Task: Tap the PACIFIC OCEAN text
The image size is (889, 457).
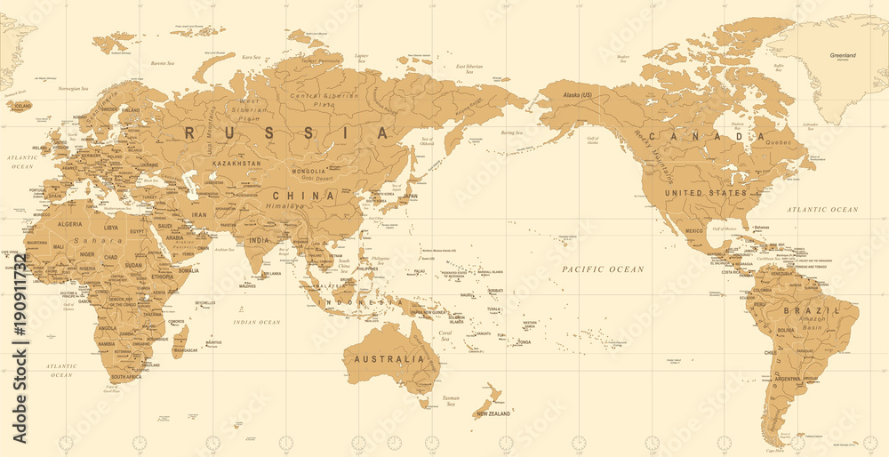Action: [603, 269]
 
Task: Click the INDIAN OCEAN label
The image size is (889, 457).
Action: [256, 322]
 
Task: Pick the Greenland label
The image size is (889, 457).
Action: [842, 55]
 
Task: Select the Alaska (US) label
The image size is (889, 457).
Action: [573, 94]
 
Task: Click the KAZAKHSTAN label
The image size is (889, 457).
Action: [236, 164]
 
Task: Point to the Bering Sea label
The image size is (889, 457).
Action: [512, 133]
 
